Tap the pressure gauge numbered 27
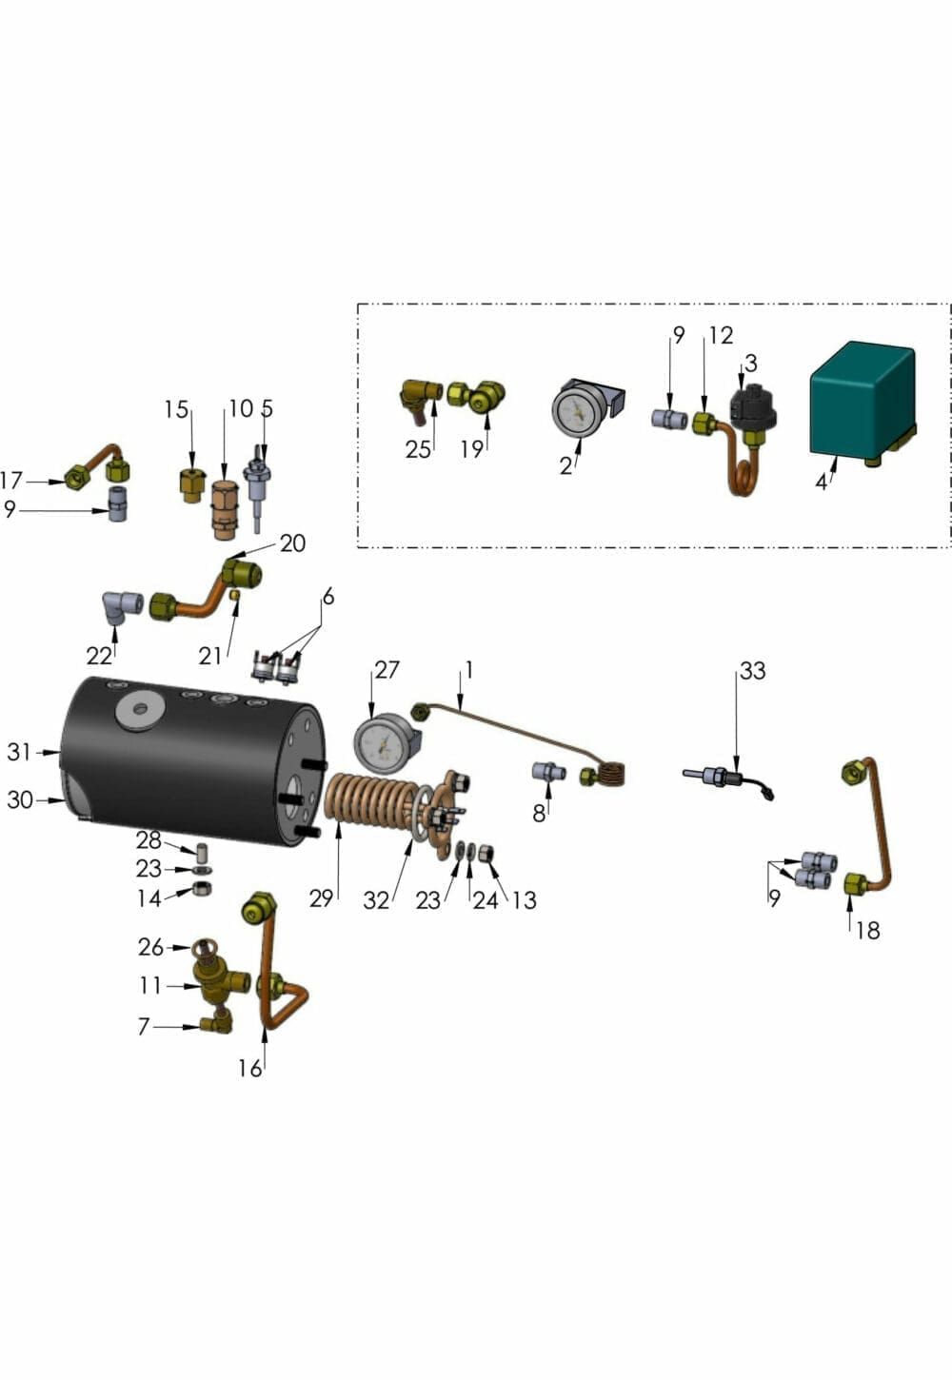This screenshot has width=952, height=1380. click(385, 743)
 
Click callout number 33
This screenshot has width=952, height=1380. click(752, 671)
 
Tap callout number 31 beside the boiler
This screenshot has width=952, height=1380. click(19, 752)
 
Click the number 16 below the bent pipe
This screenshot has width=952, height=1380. click(249, 1069)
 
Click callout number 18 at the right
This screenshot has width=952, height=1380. click(867, 930)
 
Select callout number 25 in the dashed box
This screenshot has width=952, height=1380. click(418, 449)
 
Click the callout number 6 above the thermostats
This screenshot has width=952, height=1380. click(328, 597)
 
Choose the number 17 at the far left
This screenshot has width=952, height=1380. click(11, 481)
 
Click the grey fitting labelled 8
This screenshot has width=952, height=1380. click(548, 772)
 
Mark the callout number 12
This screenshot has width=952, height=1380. click(721, 335)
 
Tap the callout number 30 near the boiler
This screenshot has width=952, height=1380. click(19, 800)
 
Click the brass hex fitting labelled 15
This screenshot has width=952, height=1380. click(192, 483)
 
